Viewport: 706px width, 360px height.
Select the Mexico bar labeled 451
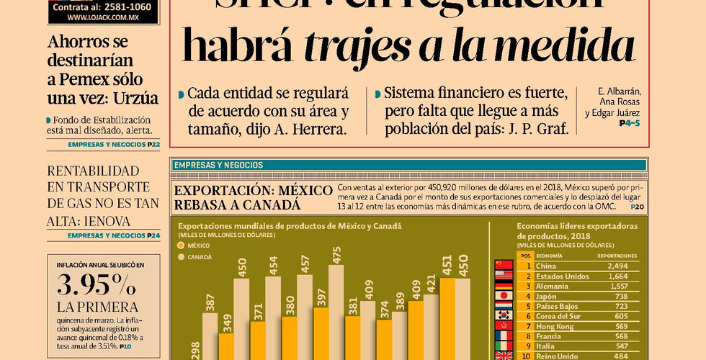pyautogui.click(x=447, y=317)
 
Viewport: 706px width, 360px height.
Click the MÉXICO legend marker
pyautogui.click(x=182, y=245)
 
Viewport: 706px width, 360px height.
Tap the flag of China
pyautogui.click(x=504, y=265)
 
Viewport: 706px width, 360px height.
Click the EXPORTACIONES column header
pyautogui.click(x=617, y=256)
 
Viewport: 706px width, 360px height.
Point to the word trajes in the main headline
pyautogui.click(x=352, y=45)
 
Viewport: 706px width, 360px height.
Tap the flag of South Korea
pyautogui.click(x=504, y=315)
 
